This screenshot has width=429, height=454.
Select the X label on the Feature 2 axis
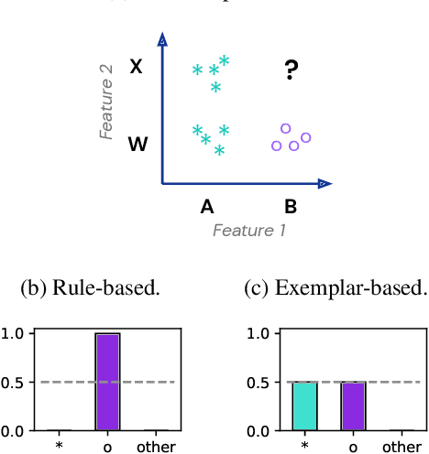[x=137, y=67]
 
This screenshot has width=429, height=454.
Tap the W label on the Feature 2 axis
[x=137, y=144]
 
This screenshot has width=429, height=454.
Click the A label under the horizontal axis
[x=207, y=207]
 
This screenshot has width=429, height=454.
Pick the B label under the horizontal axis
[x=291, y=207]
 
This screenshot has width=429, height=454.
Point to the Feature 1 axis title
[x=249, y=231]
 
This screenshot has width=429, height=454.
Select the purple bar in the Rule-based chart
[x=108, y=382]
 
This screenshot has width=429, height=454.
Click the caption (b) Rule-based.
[x=90, y=288]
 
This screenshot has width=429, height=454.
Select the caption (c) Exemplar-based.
[x=335, y=288]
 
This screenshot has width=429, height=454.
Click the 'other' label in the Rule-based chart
[x=157, y=448]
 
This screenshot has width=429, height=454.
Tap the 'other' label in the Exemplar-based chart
[x=401, y=448]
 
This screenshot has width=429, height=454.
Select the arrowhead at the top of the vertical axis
[x=162, y=41]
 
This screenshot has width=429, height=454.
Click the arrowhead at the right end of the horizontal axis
[x=324, y=184]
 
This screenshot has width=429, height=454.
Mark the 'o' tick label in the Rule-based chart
[x=108, y=448]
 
